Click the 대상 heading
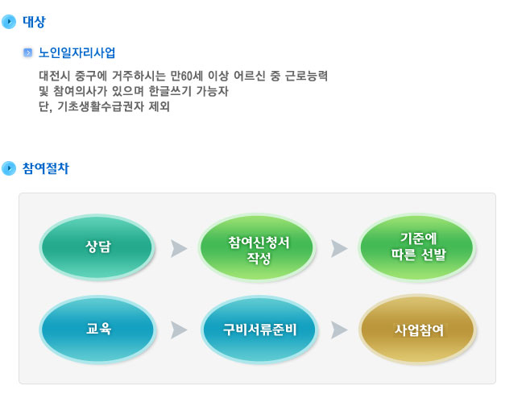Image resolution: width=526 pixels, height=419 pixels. (34, 22)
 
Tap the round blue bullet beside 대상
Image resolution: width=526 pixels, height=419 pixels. (9, 22)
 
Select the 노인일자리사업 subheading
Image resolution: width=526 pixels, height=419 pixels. (77, 52)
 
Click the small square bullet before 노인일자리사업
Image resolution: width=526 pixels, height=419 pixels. (28, 52)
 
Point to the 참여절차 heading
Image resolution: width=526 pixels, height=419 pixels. (46, 168)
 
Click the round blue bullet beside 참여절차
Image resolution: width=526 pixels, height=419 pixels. (9, 168)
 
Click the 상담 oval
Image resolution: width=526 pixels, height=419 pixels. (97, 247)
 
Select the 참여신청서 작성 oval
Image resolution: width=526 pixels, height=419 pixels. (258, 248)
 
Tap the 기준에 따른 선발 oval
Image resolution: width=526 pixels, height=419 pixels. (417, 247)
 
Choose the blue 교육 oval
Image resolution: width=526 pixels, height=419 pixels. (97, 329)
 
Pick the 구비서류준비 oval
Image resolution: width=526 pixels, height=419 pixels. (259, 330)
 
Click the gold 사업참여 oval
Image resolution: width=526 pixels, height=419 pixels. (417, 329)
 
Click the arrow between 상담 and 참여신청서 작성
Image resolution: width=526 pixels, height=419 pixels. (179, 249)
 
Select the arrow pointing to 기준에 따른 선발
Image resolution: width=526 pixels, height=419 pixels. (339, 249)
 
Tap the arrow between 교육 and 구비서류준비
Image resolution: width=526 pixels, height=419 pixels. (179, 330)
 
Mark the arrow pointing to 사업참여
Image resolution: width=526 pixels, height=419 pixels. (339, 330)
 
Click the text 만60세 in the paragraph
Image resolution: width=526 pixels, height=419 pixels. (187, 76)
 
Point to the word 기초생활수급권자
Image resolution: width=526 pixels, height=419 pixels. (101, 106)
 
